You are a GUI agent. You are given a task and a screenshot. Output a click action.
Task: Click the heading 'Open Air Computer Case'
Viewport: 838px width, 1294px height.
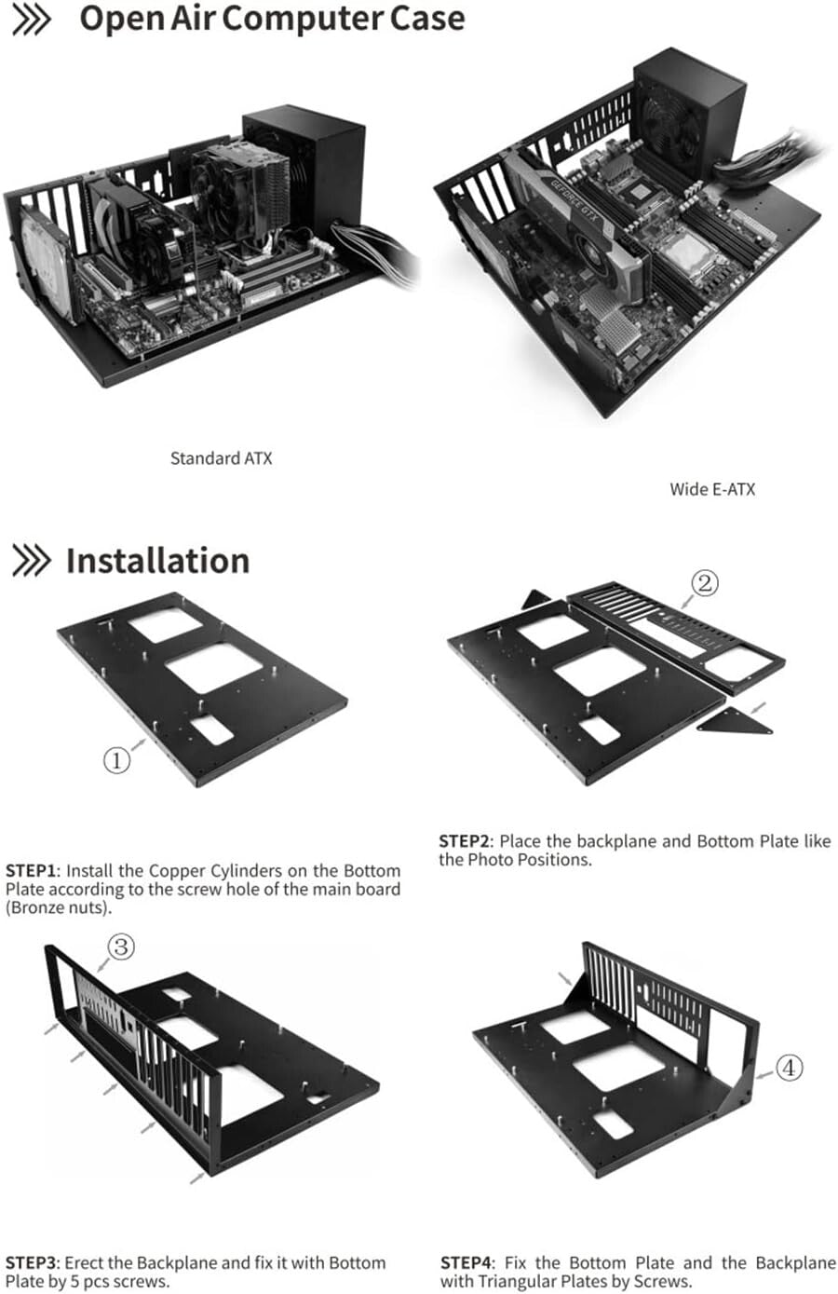pyautogui.click(x=271, y=19)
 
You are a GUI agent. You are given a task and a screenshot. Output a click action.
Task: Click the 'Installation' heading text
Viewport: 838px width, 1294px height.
pyautogui.click(x=157, y=561)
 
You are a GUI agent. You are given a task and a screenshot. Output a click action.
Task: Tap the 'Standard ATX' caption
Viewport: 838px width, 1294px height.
pyautogui.click(x=221, y=458)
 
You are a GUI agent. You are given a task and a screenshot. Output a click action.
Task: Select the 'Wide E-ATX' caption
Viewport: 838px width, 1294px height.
pyautogui.click(x=712, y=489)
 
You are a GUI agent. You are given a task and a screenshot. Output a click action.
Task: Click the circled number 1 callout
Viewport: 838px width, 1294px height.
pyautogui.click(x=116, y=760)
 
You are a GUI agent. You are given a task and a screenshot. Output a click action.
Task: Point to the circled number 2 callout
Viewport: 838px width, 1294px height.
pyautogui.click(x=705, y=584)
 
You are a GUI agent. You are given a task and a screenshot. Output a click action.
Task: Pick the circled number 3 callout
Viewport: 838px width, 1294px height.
pyautogui.click(x=122, y=947)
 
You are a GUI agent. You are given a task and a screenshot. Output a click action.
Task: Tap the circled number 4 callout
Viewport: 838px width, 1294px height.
pyautogui.click(x=789, y=1068)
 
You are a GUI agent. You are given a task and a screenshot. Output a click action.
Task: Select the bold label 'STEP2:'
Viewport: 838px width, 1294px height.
pyautogui.click(x=466, y=841)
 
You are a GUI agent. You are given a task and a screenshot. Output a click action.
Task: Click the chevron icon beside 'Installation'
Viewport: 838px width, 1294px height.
pyautogui.click(x=31, y=562)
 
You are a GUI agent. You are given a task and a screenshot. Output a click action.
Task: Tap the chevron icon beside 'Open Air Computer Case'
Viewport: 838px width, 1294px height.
pyautogui.click(x=31, y=20)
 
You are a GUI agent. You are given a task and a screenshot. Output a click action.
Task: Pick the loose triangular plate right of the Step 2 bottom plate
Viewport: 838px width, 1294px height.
pyautogui.click(x=736, y=721)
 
